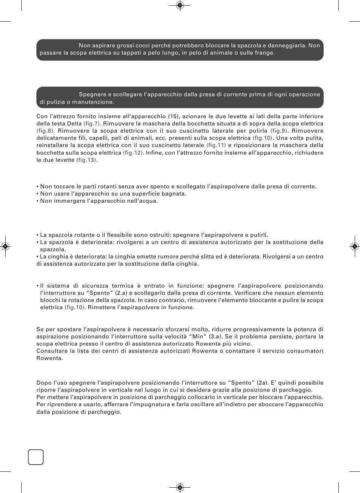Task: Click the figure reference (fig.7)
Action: [x=91, y=124]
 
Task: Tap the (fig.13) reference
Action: [x=86, y=160]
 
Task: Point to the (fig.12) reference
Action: [x=133, y=152]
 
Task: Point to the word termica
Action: [x=121, y=286]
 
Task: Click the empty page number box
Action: [x=36, y=457]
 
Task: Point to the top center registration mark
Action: [x=180, y=5]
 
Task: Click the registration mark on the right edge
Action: [x=354, y=246]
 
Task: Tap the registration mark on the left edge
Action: [x=5, y=246]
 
